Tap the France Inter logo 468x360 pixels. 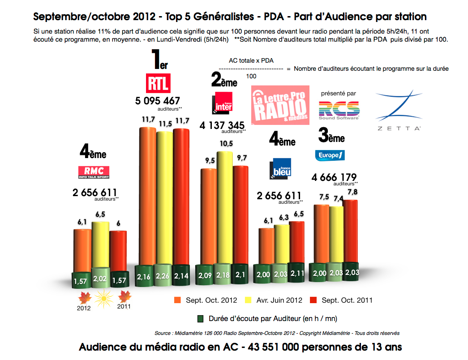223,103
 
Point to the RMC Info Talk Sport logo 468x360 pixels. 94,171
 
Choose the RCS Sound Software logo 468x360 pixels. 339,110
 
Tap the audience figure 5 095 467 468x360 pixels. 157,101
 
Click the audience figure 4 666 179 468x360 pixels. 334,177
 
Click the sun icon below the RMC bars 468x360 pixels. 103,297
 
